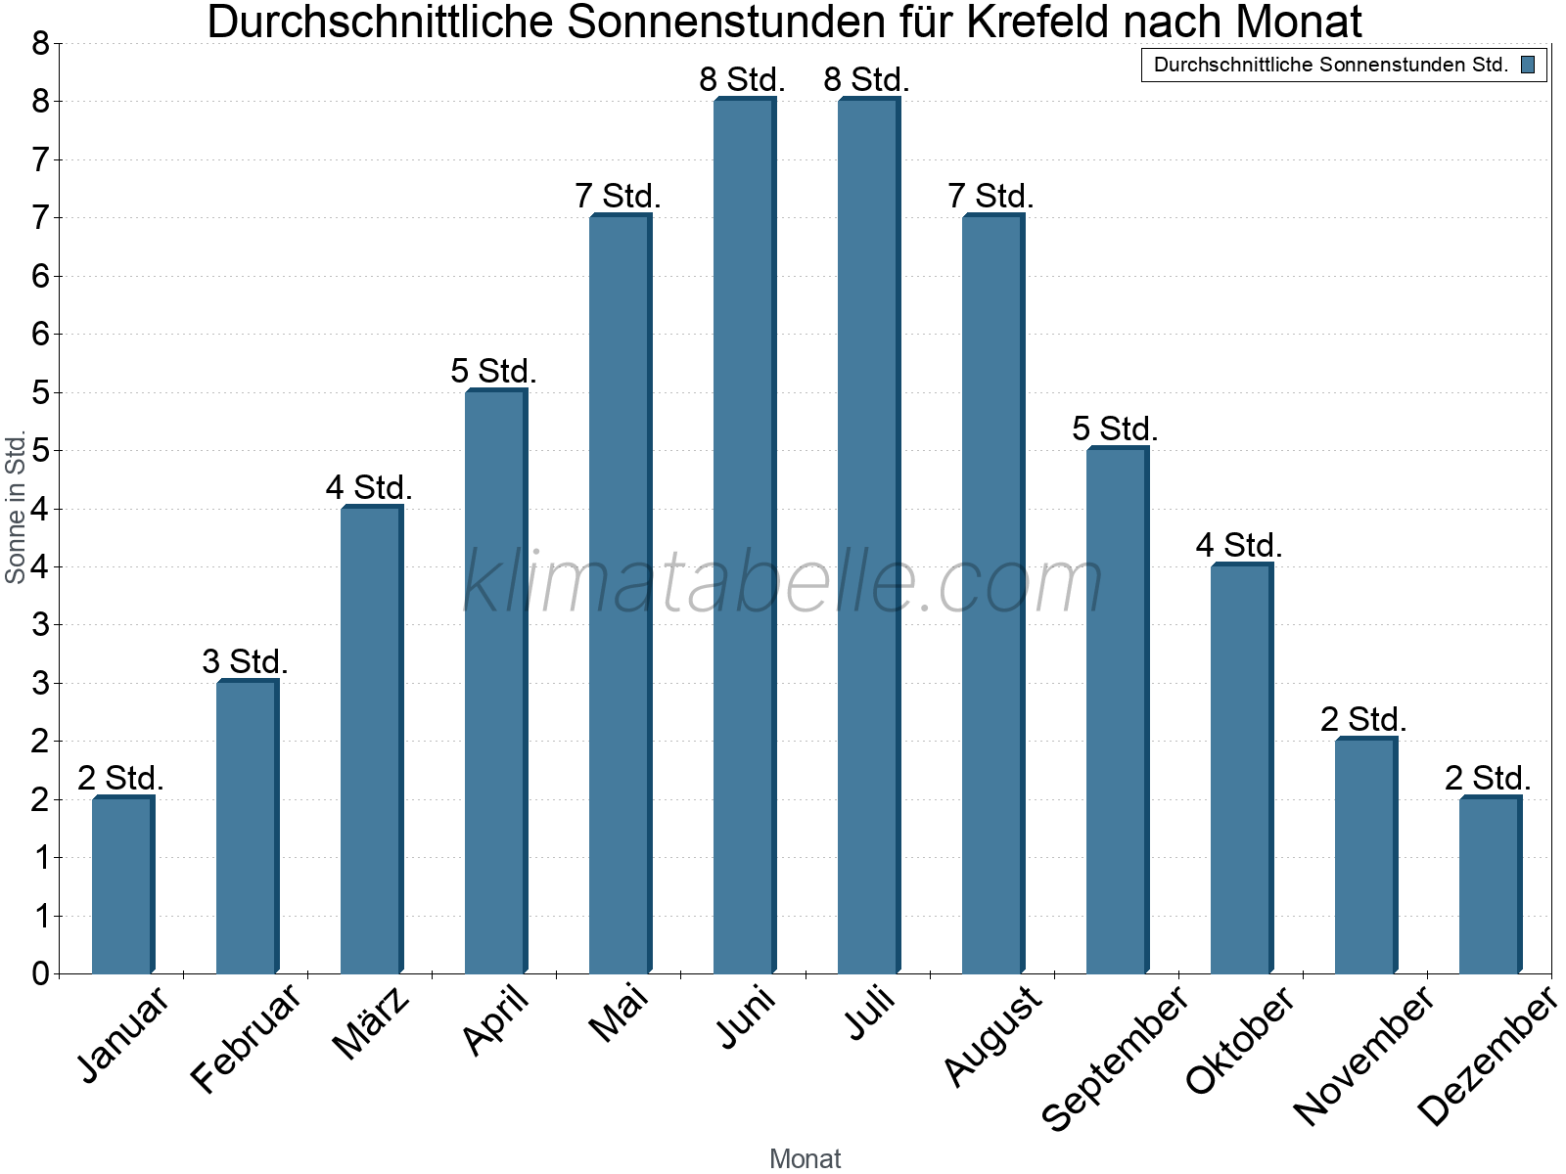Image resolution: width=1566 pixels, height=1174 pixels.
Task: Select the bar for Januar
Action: point(122,885)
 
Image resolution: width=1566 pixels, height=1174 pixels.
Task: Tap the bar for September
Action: point(1117,710)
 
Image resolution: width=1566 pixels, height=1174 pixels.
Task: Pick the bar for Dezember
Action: point(1490,885)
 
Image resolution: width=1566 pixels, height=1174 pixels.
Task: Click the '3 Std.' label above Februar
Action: point(245,662)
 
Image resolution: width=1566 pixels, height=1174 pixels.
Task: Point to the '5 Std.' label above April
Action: point(493,372)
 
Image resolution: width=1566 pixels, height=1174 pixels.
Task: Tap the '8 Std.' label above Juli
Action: point(866,80)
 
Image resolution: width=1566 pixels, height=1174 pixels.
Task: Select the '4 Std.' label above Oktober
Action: point(1238,546)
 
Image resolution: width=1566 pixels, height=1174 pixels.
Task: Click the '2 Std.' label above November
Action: point(1362,720)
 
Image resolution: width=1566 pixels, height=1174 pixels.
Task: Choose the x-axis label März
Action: point(372,1022)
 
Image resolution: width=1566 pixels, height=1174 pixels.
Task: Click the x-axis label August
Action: point(993,1035)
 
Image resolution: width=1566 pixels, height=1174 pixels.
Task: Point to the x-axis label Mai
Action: point(619,1014)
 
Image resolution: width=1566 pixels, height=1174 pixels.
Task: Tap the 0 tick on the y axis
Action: point(40,973)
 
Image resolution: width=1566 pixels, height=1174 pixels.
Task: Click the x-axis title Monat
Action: point(805,1158)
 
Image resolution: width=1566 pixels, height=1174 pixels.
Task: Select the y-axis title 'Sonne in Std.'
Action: point(16,508)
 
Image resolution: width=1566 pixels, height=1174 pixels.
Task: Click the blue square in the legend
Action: point(1528,66)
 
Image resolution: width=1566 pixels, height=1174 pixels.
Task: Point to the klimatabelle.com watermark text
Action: point(783,582)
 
